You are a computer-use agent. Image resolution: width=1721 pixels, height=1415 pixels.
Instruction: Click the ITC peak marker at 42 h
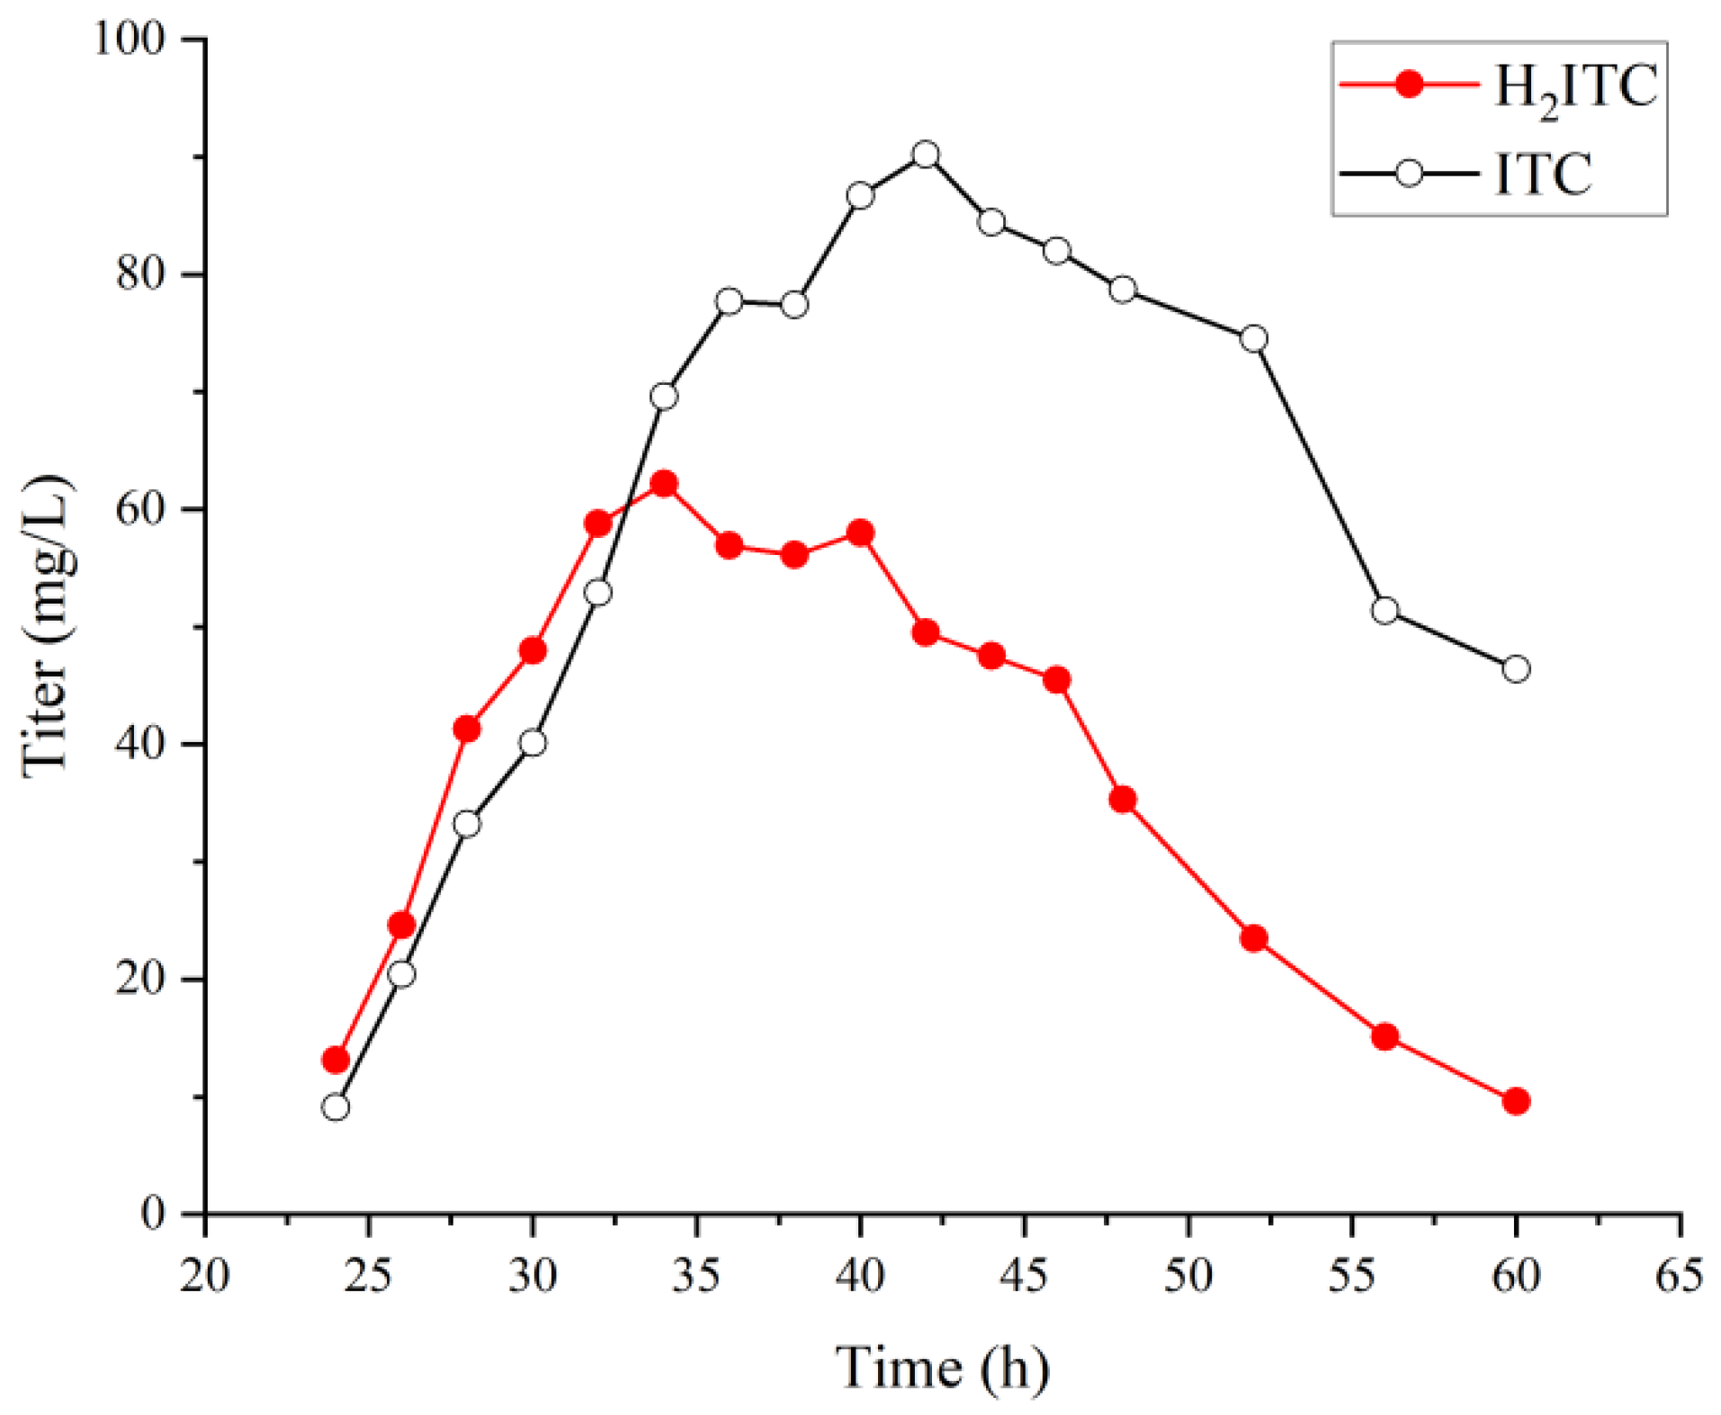[x=925, y=155]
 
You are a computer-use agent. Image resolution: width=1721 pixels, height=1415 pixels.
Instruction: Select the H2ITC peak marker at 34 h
[x=663, y=484]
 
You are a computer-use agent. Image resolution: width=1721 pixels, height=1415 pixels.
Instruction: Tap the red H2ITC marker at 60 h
[x=1515, y=1101]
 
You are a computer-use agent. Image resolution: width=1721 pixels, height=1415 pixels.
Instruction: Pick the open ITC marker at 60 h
[x=1515, y=668]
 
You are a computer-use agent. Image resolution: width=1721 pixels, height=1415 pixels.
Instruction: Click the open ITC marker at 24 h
[x=336, y=1106]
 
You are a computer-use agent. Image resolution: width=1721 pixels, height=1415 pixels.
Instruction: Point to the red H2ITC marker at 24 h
[x=336, y=1060]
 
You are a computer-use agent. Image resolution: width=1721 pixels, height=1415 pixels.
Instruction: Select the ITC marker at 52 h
[x=1253, y=339]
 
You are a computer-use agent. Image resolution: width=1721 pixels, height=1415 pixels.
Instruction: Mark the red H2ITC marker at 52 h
[x=1253, y=939]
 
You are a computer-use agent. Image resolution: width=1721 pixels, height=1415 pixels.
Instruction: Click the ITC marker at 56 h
[x=1385, y=611]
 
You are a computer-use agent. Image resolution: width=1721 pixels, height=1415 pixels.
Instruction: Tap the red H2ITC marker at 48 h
[x=1122, y=800]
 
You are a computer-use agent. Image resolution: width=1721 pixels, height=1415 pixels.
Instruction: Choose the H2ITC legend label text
[x=1574, y=88]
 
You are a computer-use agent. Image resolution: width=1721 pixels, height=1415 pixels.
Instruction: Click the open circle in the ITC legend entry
[x=1409, y=173]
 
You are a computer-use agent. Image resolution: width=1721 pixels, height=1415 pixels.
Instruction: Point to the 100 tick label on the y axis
[x=130, y=40]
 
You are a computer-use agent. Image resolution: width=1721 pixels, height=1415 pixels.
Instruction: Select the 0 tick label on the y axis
[x=154, y=1213]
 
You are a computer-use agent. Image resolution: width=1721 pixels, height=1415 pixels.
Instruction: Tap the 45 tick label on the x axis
[x=1024, y=1276]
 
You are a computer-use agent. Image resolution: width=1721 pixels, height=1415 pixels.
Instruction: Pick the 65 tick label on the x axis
[x=1679, y=1276]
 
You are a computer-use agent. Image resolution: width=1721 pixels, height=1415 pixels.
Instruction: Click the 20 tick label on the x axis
[x=205, y=1276]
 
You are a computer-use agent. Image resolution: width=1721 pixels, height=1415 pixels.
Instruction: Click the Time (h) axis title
[x=942, y=1368]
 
